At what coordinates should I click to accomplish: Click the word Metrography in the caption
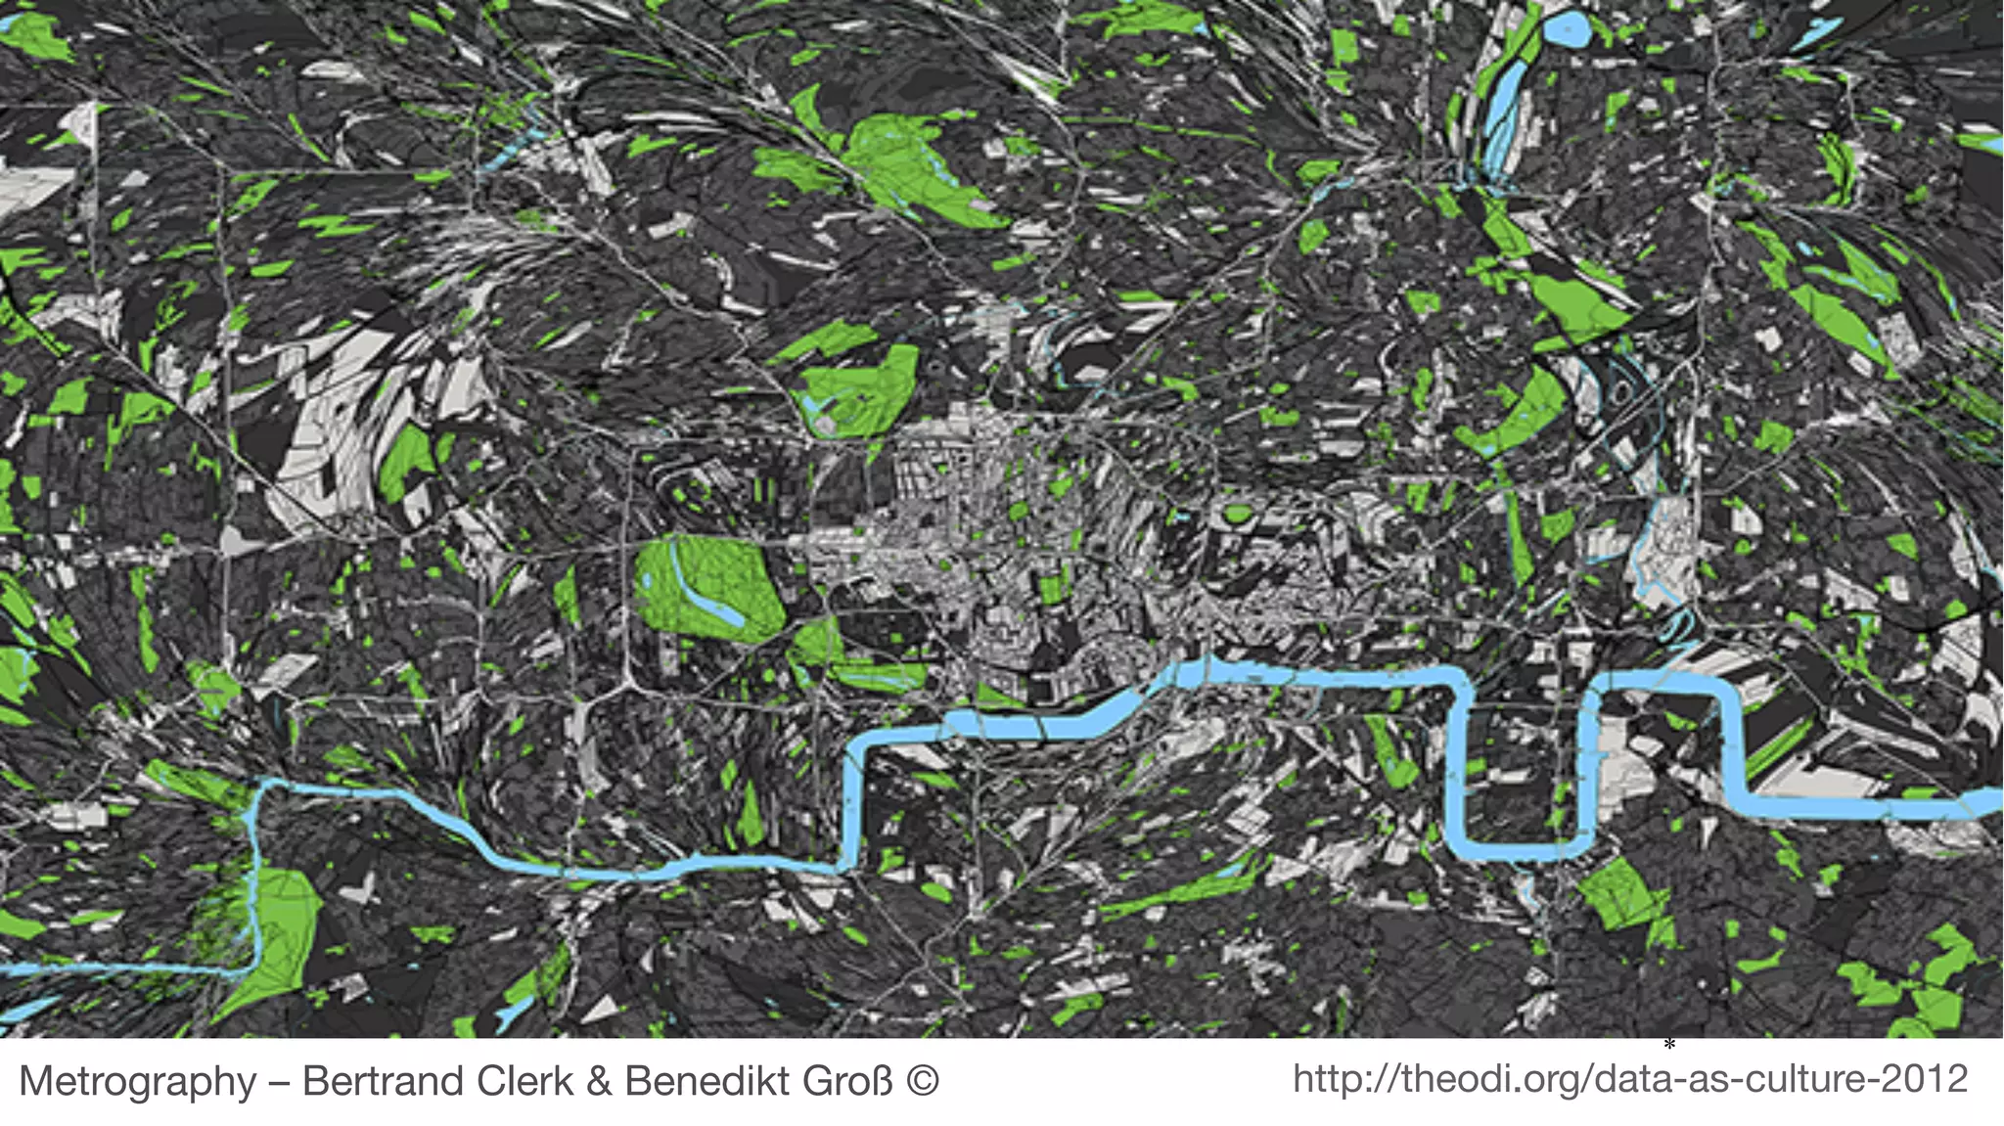[x=138, y=1081]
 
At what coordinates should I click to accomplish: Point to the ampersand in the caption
[x=600, y=1081]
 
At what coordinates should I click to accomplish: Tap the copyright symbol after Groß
[x=923, y=1081]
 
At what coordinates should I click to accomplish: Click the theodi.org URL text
[x=1629, y=1079]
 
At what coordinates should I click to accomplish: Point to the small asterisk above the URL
[x=1669, y=1046]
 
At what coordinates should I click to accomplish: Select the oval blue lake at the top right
[x=1567, y=29]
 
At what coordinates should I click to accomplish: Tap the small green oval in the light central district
[x=1239, y=513]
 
